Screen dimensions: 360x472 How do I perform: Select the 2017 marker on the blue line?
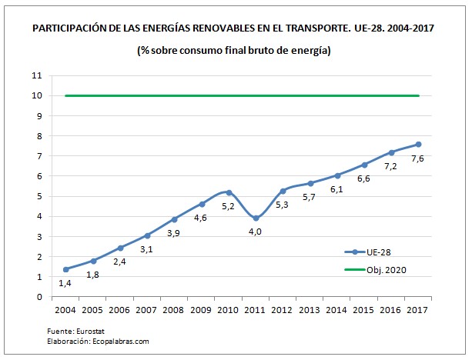418,144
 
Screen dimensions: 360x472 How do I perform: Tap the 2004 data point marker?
65,269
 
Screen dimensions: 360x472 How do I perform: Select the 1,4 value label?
65,284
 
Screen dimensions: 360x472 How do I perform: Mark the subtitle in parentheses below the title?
234,51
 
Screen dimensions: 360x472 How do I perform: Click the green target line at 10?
231,96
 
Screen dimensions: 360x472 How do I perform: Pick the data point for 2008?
175,219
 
